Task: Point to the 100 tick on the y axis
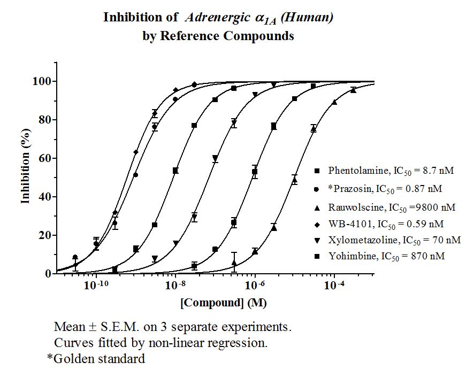[x=42, y=81]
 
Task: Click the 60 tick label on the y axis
[x=45, y=158]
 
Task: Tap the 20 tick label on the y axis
[x=45, y=235]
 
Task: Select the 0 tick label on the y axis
[x=48, y=274]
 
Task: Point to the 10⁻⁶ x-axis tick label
[x=254, y=286]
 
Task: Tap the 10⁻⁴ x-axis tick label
[x=334, y=286]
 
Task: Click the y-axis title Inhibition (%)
[x=26, y=166]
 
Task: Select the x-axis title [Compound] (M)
[x=224, y=303]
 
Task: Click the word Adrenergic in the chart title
[x=217, y=18]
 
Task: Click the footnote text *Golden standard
[x=96, y=359]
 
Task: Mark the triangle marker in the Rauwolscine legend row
[x=317, y=208]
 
